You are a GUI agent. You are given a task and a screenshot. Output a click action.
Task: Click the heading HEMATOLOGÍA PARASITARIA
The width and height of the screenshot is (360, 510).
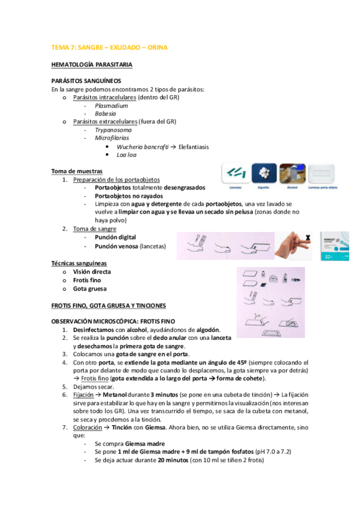[92, 64]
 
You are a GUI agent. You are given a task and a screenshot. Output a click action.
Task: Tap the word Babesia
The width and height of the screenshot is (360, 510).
[105, 113]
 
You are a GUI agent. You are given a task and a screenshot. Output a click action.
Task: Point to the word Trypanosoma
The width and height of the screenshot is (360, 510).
[114, 129]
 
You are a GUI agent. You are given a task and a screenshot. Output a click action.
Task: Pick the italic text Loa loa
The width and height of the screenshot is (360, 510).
[126, 155]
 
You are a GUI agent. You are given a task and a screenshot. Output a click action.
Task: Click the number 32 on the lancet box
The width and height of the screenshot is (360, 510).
[329, 254]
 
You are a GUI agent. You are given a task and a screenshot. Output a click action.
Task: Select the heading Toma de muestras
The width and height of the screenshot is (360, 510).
[76, 171]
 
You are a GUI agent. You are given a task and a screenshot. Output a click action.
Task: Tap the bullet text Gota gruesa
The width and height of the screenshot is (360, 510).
[90, 288]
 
